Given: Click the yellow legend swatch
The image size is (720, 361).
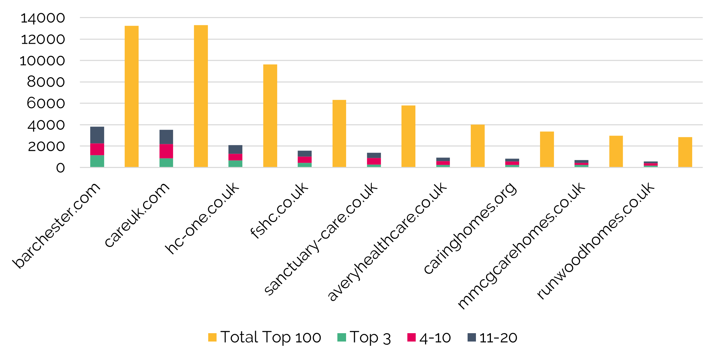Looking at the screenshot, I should click(212, 337).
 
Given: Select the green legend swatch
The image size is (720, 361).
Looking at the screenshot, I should click(342, 337).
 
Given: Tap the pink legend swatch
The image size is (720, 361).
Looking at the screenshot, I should click(411, 337).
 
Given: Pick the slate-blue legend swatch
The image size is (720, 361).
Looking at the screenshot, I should click(471, 337).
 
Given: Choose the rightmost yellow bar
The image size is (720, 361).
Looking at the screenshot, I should click(685, 152).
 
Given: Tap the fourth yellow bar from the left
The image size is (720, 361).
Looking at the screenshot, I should click(339, 134).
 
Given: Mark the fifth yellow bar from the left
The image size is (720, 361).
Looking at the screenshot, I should click(408, 136).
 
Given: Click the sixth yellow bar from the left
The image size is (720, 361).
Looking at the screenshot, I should click(478, 146).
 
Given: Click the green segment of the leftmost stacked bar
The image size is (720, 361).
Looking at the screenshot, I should click(97, 161).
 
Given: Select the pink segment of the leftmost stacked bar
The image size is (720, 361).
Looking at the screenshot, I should click(97, 149).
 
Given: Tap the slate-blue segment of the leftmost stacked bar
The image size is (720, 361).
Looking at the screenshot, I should click(97, 135).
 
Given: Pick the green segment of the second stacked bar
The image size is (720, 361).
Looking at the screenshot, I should click(166, 163).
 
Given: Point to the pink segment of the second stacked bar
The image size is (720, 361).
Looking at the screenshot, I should click(166, 151).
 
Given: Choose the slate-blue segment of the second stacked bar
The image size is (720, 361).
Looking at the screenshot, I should click(166, 137).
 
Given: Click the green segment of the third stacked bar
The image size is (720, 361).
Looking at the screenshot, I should click(235, 164).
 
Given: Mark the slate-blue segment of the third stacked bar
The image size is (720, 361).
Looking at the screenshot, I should click(235, 150).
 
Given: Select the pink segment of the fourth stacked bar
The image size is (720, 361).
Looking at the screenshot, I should click(305, 160).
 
